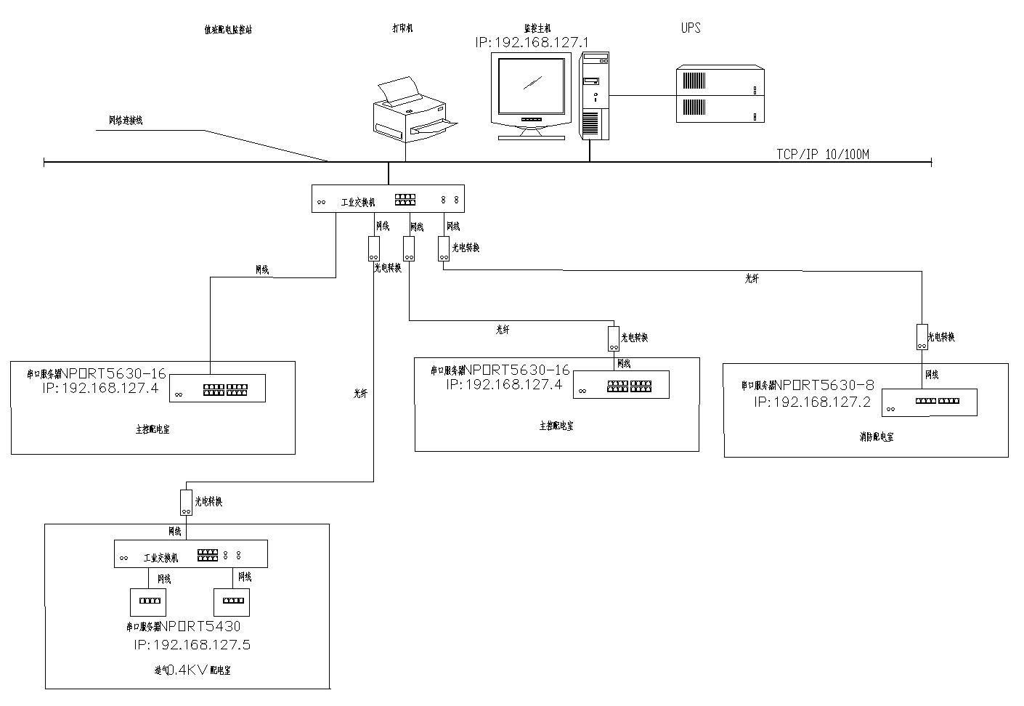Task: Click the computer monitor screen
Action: pyautogui.click(x=531, y=86)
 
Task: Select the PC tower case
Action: pyautogui.click(x=593, y=95)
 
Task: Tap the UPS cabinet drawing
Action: pyautogui.click(x=720, y=94)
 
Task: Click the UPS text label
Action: pyautogui.click(x=691, y=28)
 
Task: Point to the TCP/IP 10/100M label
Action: pyautogui.click(x=823, y=154)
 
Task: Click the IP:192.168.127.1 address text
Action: pyautogui.click(x=532, y=43)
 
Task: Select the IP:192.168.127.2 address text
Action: pyautogui.click(x=812, y=402)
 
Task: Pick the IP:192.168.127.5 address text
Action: pyautogui.click(x=192, y=644)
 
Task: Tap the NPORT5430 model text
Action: pyautogui.click(x=200, y=626)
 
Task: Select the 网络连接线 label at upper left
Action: pyautogui.click(x=126, y=121)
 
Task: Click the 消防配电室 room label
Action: pyautogui.click(x=876, y=437)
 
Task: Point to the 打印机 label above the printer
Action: pyautogui.click(x=402, y=28)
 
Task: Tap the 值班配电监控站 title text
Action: pyautogui.click(x=228, y=30)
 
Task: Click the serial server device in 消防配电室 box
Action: pyautogui.click(x=930, y=402)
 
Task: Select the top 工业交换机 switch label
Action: pyautogui.click(x=358, y=203)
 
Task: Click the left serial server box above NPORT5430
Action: pyautogui.click(x=147, y=602)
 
